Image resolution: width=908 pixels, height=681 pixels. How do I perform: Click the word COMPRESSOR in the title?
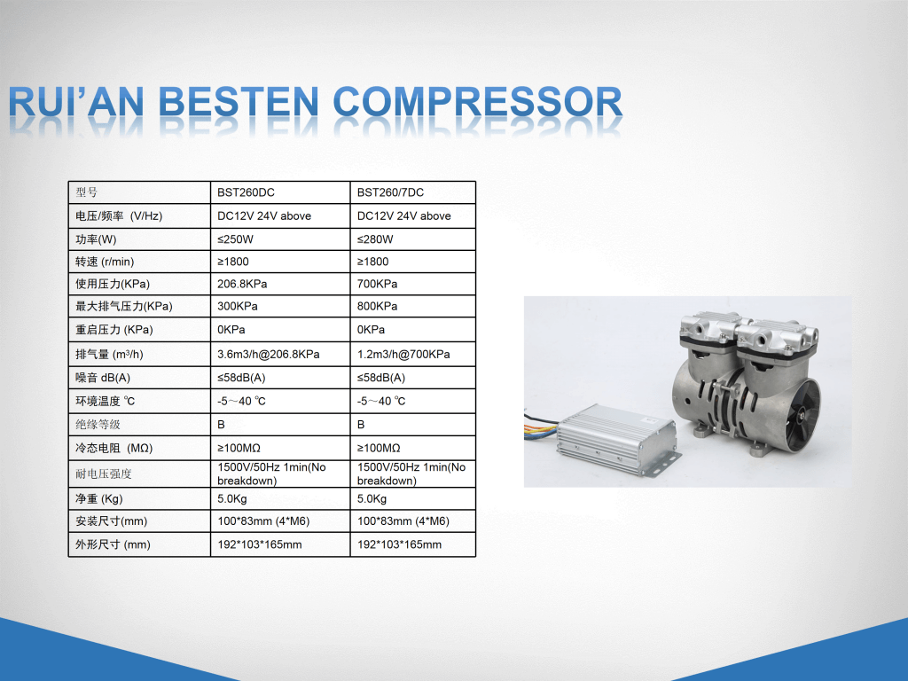(x=478, y=102)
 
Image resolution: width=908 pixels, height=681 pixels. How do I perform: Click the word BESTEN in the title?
(x=238, y=102)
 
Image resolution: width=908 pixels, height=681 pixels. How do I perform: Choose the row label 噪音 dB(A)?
(x=103, y=378)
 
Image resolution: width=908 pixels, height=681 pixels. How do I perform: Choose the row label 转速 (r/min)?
(x=105, y=262)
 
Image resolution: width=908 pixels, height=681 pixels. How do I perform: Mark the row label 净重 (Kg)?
(x=98, y=498)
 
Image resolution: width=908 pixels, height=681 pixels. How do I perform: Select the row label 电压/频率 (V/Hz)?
(x=119, y=216)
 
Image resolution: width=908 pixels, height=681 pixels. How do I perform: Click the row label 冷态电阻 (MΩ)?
(x=114, y=448)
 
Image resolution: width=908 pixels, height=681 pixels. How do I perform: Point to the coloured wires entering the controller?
(x=541, y=428)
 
